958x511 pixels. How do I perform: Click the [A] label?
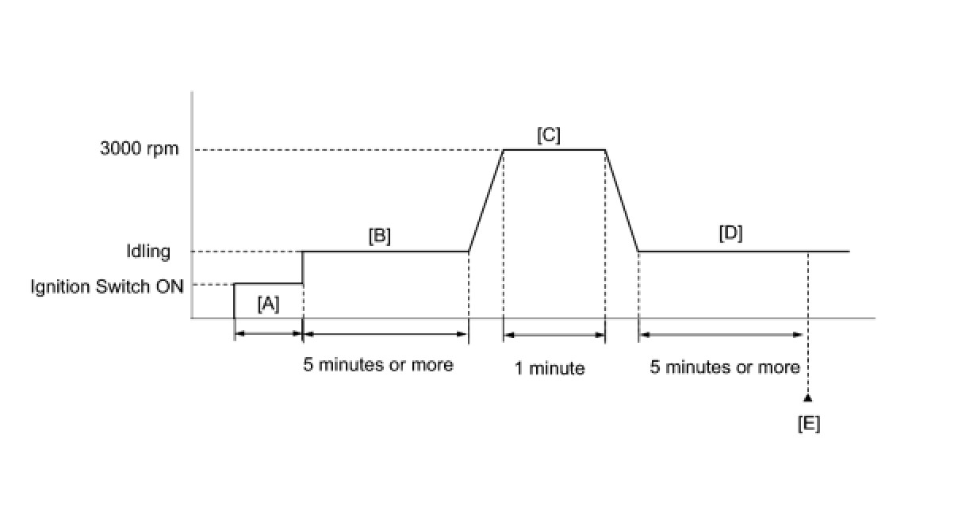[x=269, y=303]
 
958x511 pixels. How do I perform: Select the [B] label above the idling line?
[x=380, y=236]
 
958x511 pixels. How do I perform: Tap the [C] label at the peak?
[x=548, y=135]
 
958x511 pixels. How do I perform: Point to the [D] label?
[x=730, y=233]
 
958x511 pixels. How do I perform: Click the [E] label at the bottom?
[x=808, y=425]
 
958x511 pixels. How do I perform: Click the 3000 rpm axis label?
[x=140, y=149]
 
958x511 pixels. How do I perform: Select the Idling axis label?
[x=148, y=252]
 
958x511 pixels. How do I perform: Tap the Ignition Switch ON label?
[x=107, y=286]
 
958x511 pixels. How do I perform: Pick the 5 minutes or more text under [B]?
[x=378, y=365]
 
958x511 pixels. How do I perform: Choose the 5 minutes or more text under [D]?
[x=725, y=367]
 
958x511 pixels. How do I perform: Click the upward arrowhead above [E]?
[x=807, y=396]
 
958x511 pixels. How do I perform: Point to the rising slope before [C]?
[x=485, y=201]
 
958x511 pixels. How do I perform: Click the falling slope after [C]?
[x=622, y=201]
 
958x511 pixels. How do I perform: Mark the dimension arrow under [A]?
[x=269, y=334]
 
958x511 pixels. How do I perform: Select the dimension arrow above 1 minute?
[x=554, y=334]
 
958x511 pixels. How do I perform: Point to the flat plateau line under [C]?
[x=554, y=149]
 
